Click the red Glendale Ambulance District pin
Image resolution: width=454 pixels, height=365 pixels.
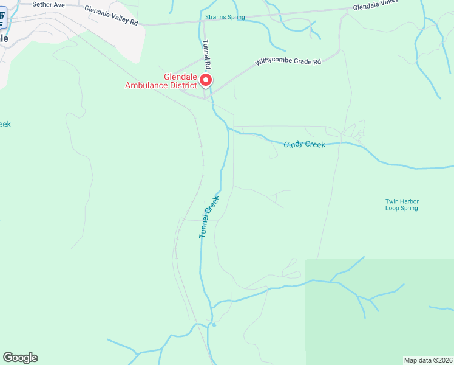(x=206, y=80)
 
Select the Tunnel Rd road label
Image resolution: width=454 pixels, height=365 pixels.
(x=206, y=54)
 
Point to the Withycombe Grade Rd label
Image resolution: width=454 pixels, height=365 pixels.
(x=288, y=61)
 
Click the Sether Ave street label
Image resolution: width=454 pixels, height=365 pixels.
(x=49, y=4)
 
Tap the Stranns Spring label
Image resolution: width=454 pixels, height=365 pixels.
(x=225, y=17)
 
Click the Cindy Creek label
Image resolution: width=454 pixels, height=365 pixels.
(x=304, y=144)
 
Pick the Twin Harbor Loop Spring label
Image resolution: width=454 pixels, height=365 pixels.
(x=402, y=204)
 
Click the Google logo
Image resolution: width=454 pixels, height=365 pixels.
(x=20, y=358)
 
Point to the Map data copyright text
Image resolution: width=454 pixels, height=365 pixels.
(x=429, y=360)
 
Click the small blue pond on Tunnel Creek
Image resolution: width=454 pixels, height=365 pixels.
(x=214, y=324)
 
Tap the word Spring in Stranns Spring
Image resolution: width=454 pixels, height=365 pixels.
(x=235, y=17)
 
